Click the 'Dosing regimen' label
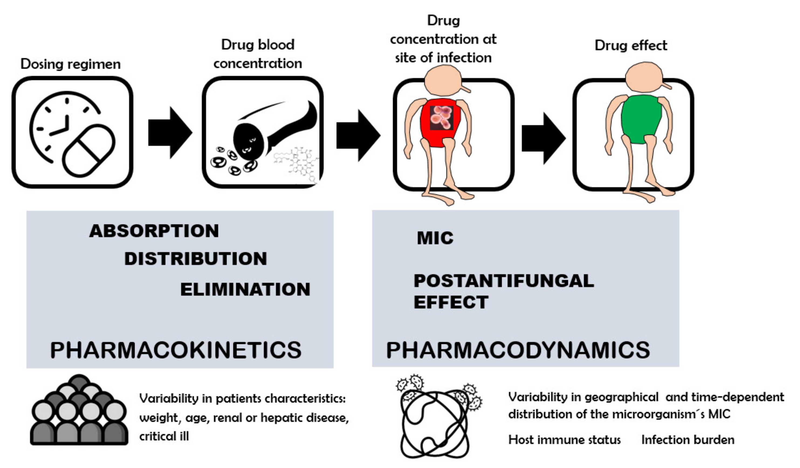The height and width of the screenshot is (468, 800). click(70, 64)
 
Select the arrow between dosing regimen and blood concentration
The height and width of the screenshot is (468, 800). click(170, 133)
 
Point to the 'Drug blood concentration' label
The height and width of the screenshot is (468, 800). click(257, 54)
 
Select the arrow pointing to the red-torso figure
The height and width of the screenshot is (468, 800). click(358, 135)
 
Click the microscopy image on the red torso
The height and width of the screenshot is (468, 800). click(441, 118)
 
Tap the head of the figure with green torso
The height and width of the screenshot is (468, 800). click(644, 78)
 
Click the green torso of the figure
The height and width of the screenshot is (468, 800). click(641, 119)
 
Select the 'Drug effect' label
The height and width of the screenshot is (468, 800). click(630, 45)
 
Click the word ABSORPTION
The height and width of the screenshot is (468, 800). click(154, 231)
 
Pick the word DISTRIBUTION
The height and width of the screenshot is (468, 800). click(195, 259)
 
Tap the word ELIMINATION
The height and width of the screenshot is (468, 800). click(245, 289)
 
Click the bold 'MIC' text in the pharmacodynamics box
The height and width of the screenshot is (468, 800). click(435, 238)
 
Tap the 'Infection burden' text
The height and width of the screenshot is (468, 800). click(688, 440)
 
